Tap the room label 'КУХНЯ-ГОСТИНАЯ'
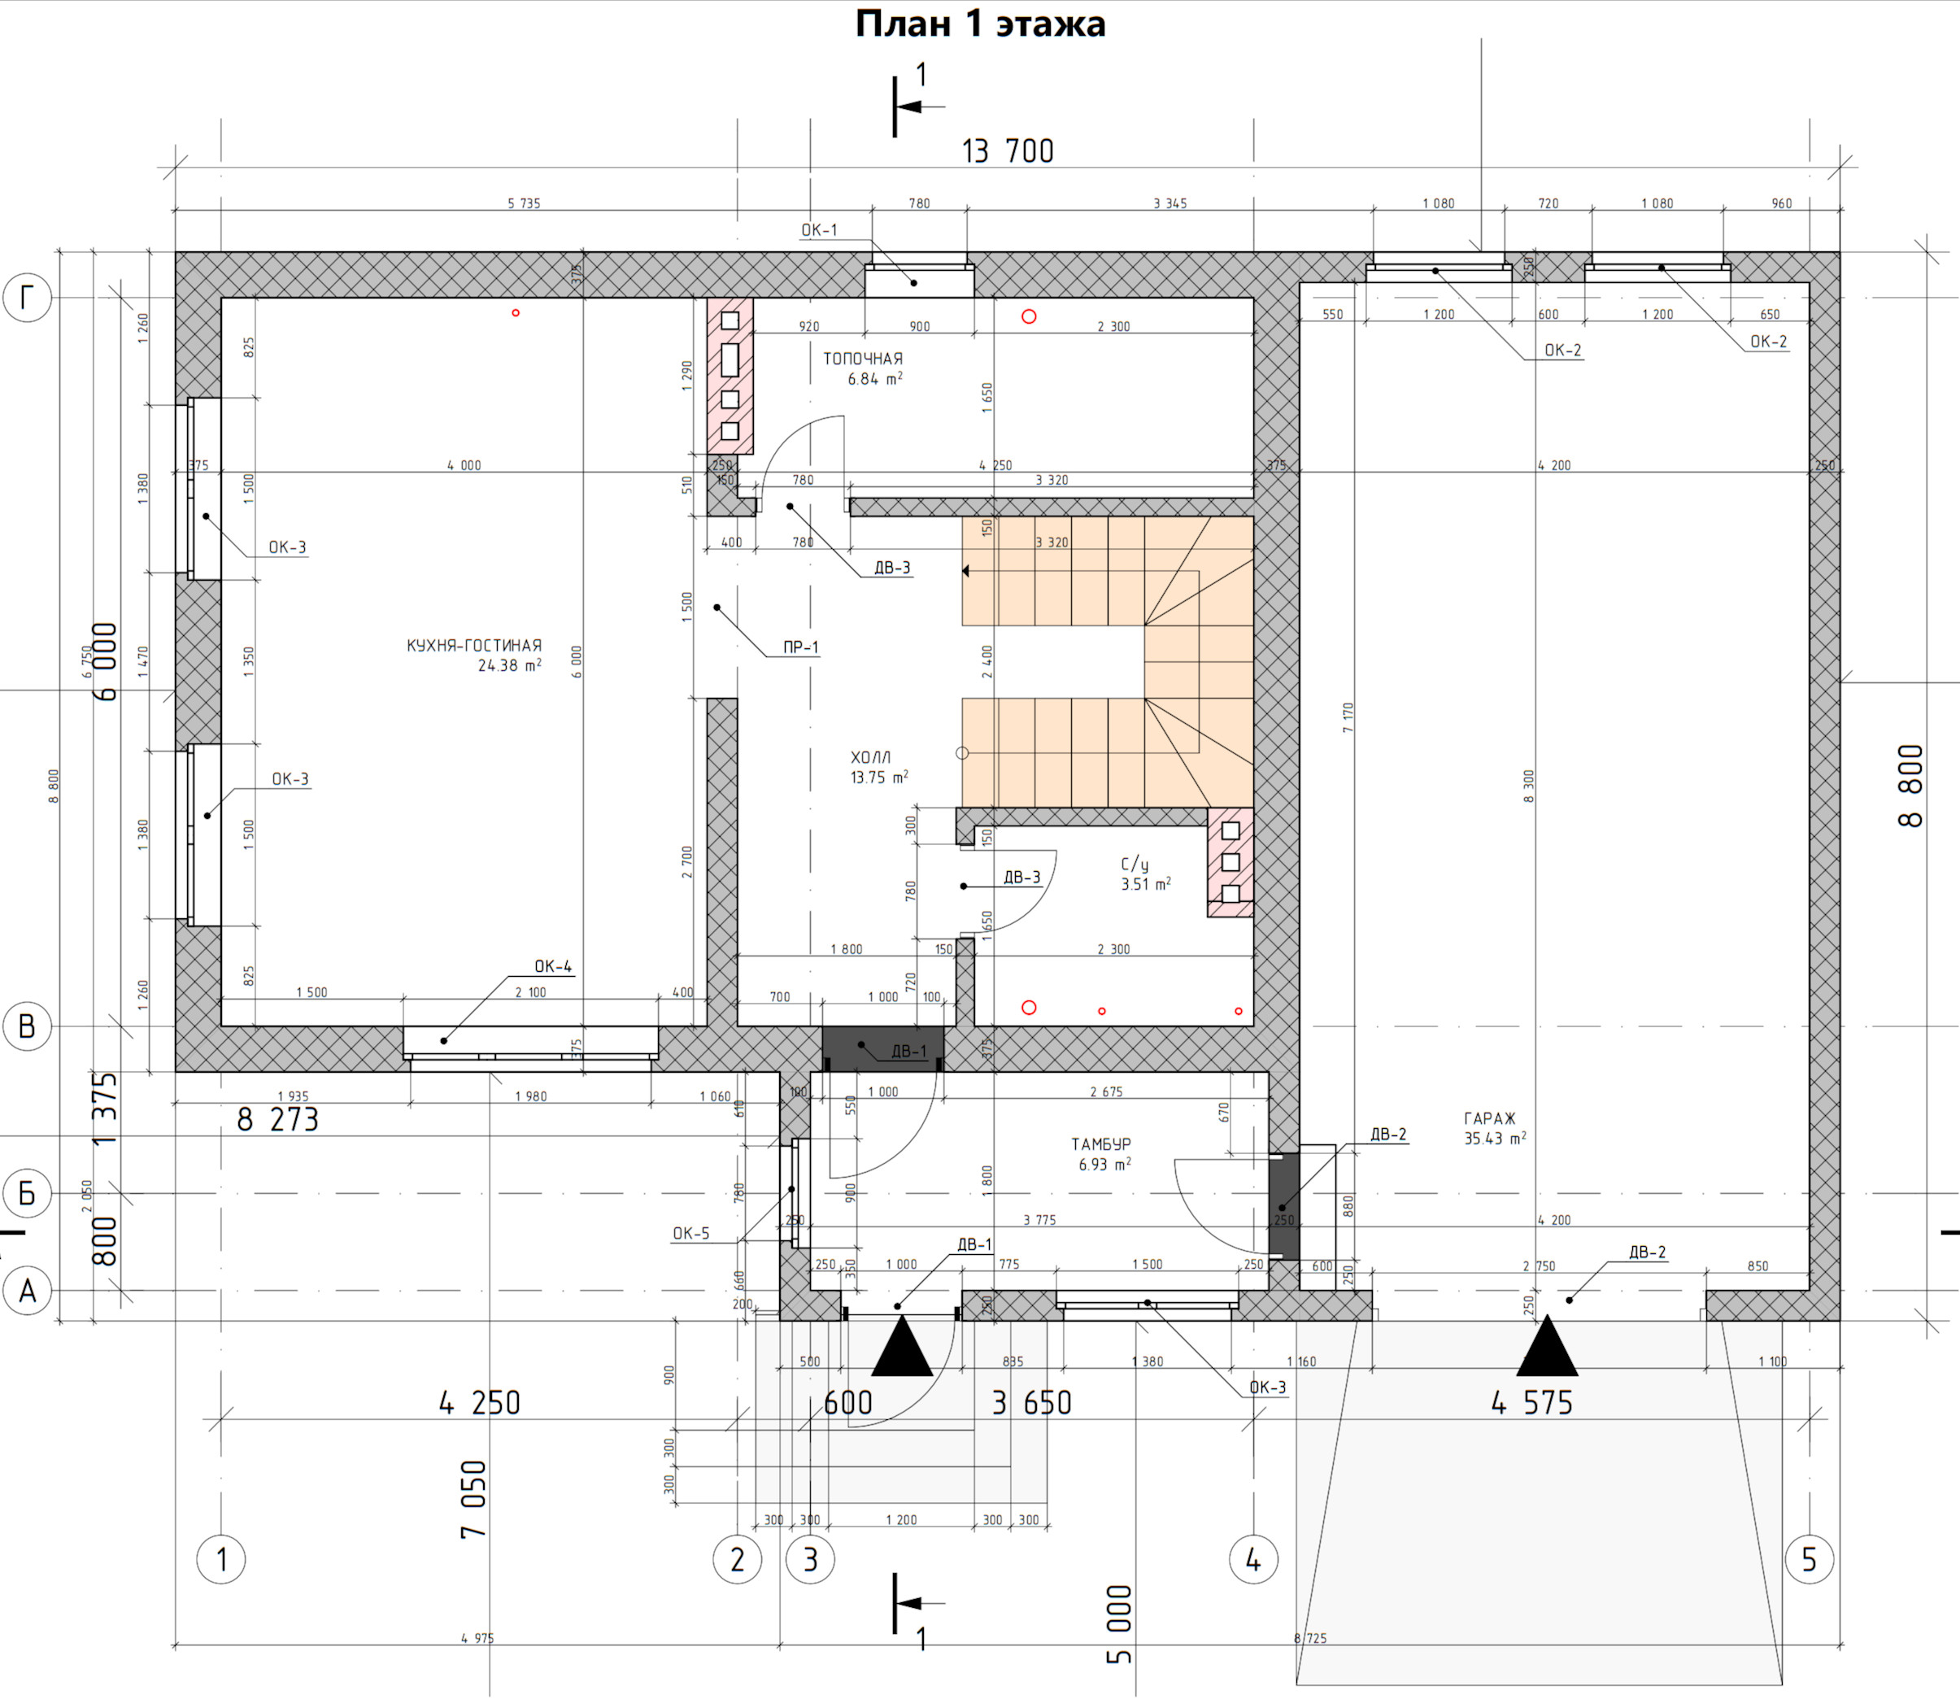point(474,646)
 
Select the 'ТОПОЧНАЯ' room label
point(863,359)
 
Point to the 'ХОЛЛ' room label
point(870,757)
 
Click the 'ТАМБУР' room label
point(1101,1144)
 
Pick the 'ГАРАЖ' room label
point(1490,1119)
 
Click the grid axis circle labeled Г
point(28,298)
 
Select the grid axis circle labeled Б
point(28,1192)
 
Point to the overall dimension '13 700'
point(1007,150)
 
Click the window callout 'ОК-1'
point(819,230)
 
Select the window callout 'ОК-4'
point(553,967)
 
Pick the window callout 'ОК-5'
point(690,1234)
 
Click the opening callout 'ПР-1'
point(801,647)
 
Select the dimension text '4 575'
point(1531,1403)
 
